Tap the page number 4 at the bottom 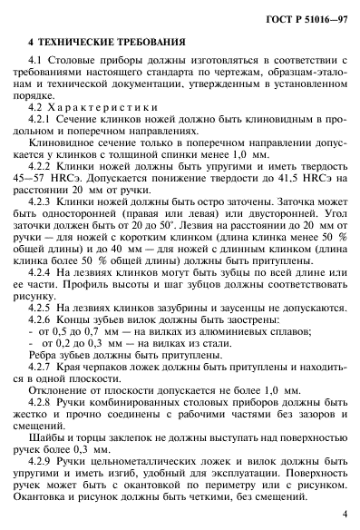(x=345, y=513)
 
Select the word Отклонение (x=60, y=377)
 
